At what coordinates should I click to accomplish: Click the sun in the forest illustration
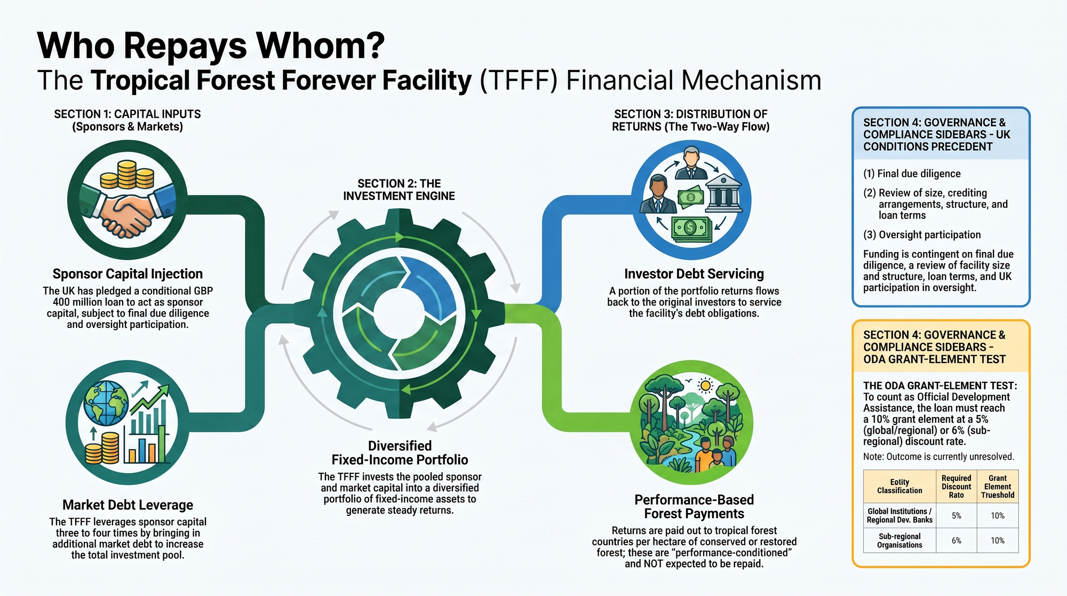click(x=706, y=386)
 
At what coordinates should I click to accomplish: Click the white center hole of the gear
click(x=399, y=312)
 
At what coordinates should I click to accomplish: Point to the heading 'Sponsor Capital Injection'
click(x=128, y=274)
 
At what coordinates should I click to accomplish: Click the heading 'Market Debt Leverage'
click(x=128, y=505)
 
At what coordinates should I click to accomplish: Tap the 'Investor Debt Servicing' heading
click(x=694, y=274)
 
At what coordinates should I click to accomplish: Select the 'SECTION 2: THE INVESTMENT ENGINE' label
click(x=399, y=190)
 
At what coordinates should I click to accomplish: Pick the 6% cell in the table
click(x=957, y=540)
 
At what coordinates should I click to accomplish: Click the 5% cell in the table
click(x=957, y=516)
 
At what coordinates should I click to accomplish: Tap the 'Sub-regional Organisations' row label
click(x=899, y=540)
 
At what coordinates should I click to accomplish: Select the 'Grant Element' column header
click(x=998, y=487)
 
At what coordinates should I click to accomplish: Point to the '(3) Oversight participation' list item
click(x=922, y=234)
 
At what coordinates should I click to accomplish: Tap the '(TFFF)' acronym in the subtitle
click(x=519, y=81)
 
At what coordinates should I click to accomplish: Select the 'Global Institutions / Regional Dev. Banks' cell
click(x=899, y=516)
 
